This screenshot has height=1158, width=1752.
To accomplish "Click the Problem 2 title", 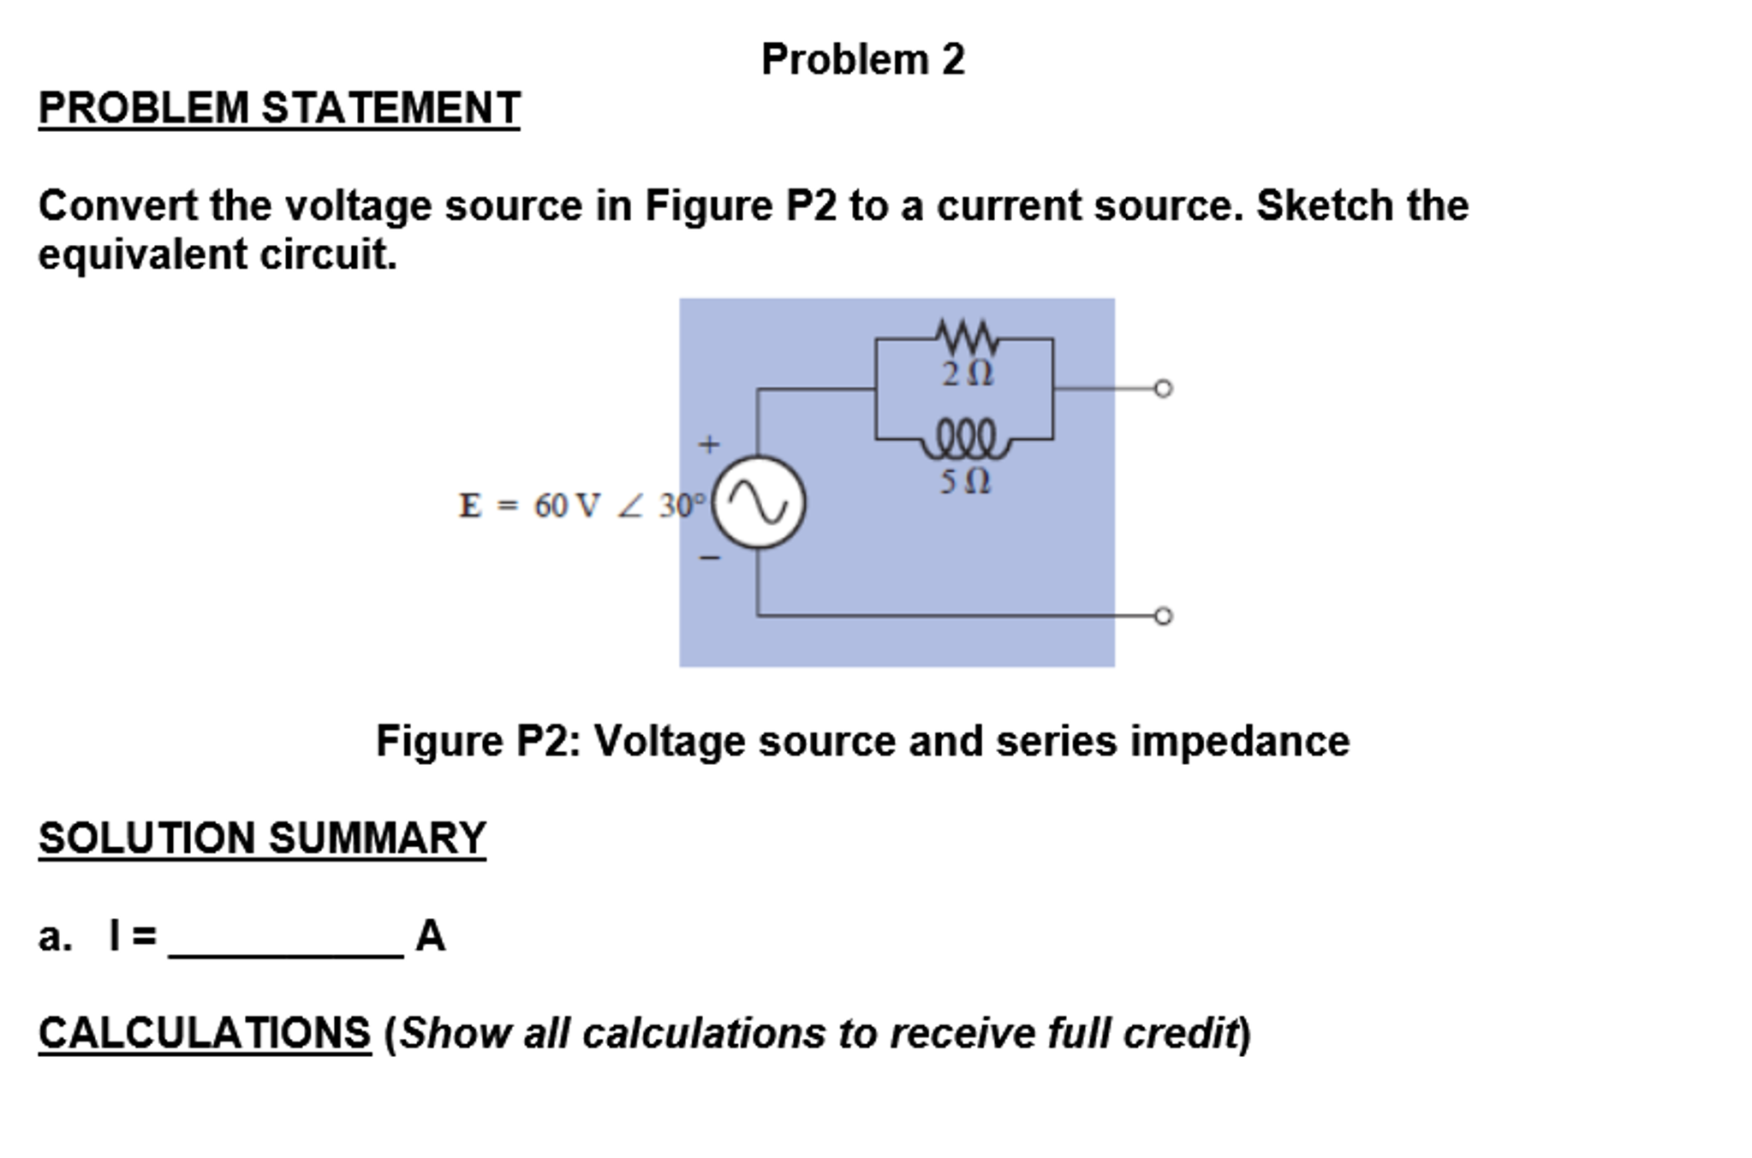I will tap(862, 60).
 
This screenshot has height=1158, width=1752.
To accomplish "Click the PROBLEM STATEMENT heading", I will tap(279, 109).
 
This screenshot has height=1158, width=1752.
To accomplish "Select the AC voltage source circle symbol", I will tap(759, 502).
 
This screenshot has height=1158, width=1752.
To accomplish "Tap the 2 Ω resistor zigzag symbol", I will tap(967, 337).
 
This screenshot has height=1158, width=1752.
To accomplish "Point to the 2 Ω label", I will tap(967, 374).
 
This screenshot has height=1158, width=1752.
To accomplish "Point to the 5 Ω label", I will tap(965, 481).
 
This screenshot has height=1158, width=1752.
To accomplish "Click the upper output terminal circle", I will tap(1162, 389).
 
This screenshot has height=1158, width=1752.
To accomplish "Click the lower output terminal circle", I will tap(1162, 616).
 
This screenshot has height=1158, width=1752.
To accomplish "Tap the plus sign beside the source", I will tap(709, 445).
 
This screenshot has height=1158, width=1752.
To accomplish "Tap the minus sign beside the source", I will tap(709, 558).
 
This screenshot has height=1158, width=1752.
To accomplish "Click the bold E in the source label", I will tap(470, 506).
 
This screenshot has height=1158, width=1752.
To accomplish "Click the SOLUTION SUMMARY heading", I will tap(262, 838).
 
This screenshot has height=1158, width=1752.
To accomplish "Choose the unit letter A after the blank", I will tap(430, 935).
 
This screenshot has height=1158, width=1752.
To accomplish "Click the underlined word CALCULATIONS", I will tap(205, 1033).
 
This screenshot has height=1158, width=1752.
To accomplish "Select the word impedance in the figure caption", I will tap(1239, 742).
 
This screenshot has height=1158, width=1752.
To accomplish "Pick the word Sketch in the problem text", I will tap(1313, 206).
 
